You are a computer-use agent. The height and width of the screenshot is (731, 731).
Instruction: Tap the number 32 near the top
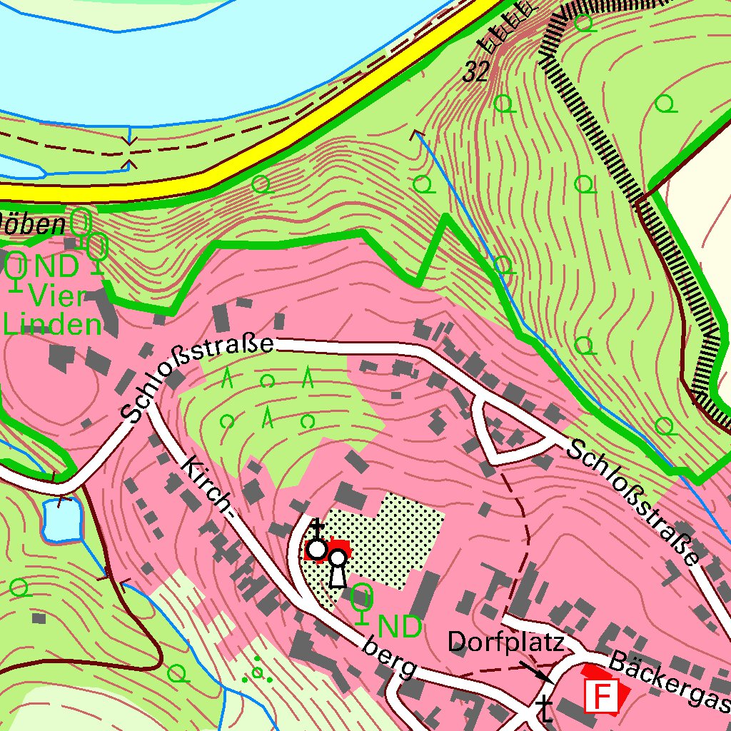(475, 71)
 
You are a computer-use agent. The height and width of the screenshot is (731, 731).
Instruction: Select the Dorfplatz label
(506, 642)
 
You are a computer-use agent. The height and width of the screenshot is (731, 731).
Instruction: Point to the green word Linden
(53, 325)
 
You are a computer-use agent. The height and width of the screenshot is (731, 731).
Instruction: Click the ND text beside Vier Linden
(57, 268)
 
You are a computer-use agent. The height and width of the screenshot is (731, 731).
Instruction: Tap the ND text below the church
(400, 627)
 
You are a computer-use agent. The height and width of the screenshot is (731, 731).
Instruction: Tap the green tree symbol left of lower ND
(363, 600)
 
